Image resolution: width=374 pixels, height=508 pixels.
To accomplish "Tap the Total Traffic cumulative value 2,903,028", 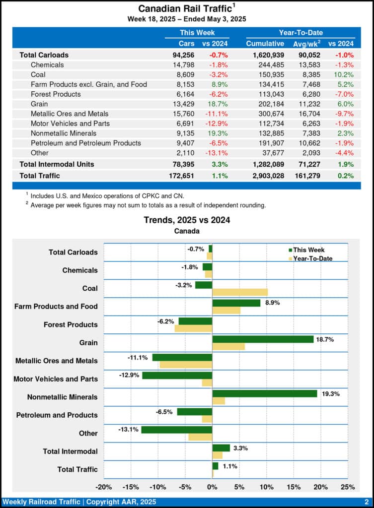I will point(265,176).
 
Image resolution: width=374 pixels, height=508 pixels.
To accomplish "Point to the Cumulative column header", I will point(265,44).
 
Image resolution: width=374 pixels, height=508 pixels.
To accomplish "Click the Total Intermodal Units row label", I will point(57,164).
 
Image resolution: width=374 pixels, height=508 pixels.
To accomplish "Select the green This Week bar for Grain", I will point(263,339).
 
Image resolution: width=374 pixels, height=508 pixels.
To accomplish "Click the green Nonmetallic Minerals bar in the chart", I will point(264,393).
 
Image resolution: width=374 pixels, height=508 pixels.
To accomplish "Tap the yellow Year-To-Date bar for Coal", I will point(240,292).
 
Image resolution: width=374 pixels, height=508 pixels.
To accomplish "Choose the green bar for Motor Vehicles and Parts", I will point(177,376).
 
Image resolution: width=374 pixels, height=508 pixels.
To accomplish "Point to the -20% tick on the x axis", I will point(103,487).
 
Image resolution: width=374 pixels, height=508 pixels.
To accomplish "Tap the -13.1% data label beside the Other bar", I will point(128,430).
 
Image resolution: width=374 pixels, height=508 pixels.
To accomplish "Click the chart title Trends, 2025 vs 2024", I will point(187,220).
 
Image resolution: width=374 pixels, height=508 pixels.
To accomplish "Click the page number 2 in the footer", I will point(366,502).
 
